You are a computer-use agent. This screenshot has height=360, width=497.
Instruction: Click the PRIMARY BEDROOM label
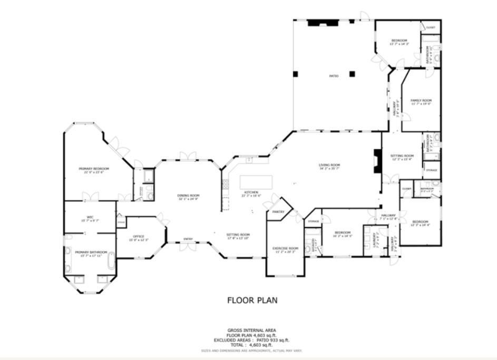tap(90, 169)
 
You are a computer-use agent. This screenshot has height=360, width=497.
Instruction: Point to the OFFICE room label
tap(139, 236)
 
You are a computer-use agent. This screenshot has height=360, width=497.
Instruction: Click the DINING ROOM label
tap(188, 196)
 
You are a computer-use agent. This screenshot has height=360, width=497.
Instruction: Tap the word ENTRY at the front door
tap(188, 239)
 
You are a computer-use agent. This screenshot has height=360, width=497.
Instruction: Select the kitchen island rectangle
tap(257, 182)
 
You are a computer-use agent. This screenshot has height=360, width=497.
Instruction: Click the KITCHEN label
tap(251, 192)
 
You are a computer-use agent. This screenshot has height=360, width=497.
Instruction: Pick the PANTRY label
tap(278, 212)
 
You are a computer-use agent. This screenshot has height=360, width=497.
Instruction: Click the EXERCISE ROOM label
tap(285, 248)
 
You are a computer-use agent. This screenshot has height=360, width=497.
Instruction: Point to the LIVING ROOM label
tap(329, 166)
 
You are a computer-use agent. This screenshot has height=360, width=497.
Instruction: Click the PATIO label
tap(334, 76)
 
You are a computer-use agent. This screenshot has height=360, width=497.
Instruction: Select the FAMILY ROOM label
tap(421, 100)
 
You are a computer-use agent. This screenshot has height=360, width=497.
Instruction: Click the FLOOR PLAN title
tap(252, 300)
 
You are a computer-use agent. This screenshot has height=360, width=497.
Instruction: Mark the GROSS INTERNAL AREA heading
tap(251, 330)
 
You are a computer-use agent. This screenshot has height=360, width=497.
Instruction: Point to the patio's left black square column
tap(297, 73)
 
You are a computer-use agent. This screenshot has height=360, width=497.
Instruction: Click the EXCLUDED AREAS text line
tap(251, 340)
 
